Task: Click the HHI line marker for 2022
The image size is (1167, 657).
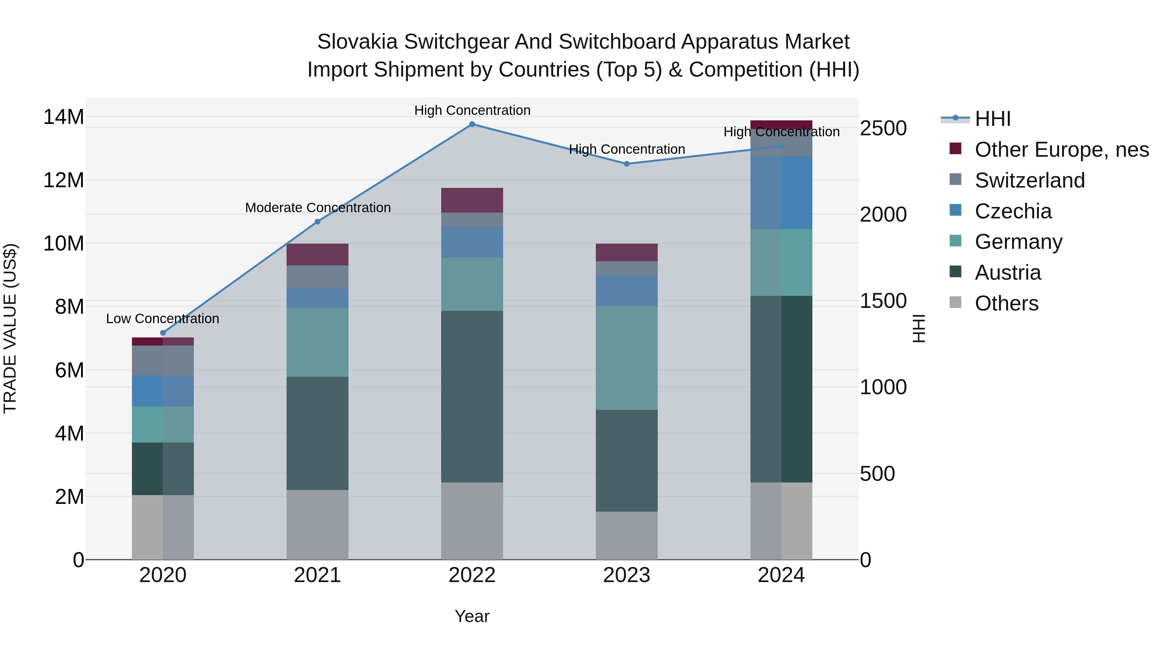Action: click(472, 124)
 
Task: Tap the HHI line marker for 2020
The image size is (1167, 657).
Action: click(163, 333)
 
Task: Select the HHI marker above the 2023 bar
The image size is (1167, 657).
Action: click(627, 164)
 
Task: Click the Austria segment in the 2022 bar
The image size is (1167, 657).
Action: click(472, 397)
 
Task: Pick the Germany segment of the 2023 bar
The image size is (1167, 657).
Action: click(627, 358)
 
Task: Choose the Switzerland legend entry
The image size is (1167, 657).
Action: click(1030, 180)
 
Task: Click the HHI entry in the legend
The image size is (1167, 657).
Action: click(993, 119)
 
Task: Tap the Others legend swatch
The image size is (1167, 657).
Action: click(955, 302)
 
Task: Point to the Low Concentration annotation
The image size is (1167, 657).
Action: click(163, 319)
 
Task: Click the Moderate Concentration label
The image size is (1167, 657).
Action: click(318, 208)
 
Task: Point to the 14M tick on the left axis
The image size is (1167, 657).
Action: click(64, 117)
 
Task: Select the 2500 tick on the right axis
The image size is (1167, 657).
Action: click(883, 128)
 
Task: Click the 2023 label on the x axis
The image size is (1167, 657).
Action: click(627, 575)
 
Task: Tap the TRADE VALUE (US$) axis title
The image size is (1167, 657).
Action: click(10, 328)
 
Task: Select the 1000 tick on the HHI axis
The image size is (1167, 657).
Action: click(883, 387)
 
